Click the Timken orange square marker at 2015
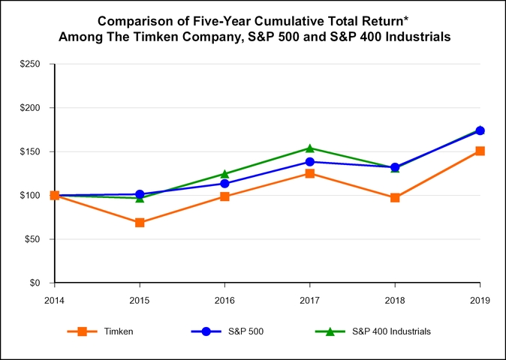(140, 223)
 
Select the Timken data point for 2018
(395, 198)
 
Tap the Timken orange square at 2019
(480, 151)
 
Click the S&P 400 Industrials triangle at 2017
(310, 148)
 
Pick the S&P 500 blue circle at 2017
(310, 162)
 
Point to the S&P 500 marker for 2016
(224, 184)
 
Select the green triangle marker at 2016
(224, 174)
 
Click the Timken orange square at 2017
(310, 174)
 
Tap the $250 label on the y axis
(31, 64)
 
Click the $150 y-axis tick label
(31, 152)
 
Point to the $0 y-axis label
(35, 283)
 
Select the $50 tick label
(33, 240)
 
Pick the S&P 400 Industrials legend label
(391, 331)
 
